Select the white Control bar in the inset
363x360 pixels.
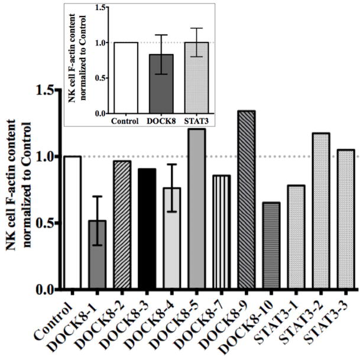pos(125,77)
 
